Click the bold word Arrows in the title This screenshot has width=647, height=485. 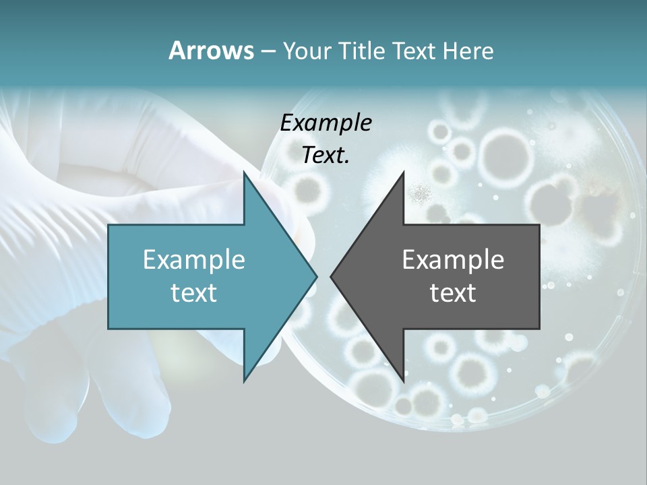click(212, 51)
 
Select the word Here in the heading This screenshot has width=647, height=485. click(468, 51)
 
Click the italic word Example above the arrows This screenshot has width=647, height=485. click(326, 123)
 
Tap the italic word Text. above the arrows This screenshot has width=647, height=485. click(326, 155)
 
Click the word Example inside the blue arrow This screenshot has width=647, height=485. click(194, 259)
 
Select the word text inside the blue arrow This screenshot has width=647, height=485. click(194, 292)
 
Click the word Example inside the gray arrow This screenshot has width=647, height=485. click(453, 259)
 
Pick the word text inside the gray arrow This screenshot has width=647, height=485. click(453, 292)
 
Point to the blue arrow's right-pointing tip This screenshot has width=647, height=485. click(316, 276)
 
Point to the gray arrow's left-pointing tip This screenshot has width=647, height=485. click(331, 276)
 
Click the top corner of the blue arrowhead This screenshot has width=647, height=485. click(244, 172)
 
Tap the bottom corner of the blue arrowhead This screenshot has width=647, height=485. click(244, 381)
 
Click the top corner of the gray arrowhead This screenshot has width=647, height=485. click(403, 172)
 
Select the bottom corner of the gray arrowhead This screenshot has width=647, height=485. click(403, 381)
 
